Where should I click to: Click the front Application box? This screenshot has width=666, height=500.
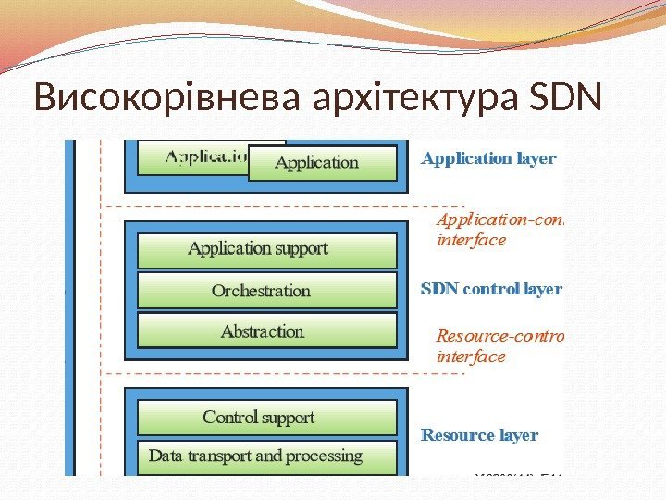click(317, 163)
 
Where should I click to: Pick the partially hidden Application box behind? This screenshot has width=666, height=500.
click(199, 156)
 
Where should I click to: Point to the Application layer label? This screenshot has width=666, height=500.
click(488, 158)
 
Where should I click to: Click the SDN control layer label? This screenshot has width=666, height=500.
click(491, 289)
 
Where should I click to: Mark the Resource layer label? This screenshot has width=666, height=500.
click(480, 435)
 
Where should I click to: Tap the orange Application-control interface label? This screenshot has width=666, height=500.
click(498, 230)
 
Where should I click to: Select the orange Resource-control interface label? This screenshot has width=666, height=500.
click(498, 345)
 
